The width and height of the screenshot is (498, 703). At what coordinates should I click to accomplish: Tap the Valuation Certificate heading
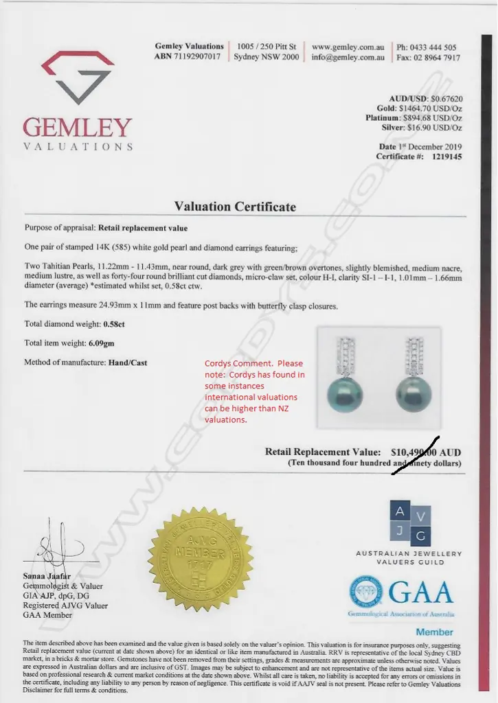coord(235,207)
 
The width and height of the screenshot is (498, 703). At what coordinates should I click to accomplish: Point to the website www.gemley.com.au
coord(348,47)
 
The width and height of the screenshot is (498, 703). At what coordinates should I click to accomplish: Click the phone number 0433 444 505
coord(437,47)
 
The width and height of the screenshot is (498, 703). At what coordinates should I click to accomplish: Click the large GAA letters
coord(421,592)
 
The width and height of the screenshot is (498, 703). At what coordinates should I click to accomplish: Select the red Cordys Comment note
coord(254,391)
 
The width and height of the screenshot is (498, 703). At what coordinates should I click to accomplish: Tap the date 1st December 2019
coord(430,147)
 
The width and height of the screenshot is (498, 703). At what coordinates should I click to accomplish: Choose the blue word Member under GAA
coord(434,631)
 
